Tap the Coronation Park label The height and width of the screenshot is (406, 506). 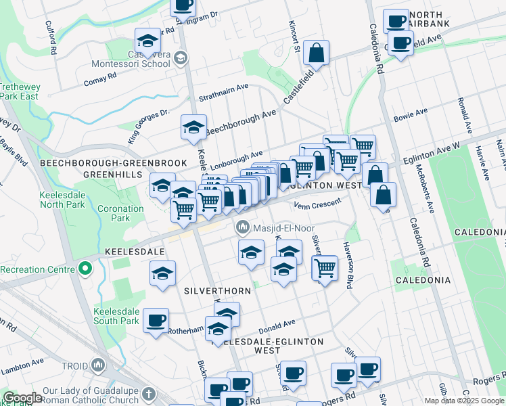pos(119,213)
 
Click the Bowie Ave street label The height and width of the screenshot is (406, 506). pos(412,112)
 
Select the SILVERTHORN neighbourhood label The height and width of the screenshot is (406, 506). pos(216,290)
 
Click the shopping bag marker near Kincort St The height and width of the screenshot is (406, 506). pos(316,52)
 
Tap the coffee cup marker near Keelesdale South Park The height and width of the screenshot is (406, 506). pos(156,320)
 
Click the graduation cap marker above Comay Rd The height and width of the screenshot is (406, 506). pos(147,40)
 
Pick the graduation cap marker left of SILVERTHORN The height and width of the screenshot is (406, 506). pos(162,274)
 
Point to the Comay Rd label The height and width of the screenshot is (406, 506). pos(101,78)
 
